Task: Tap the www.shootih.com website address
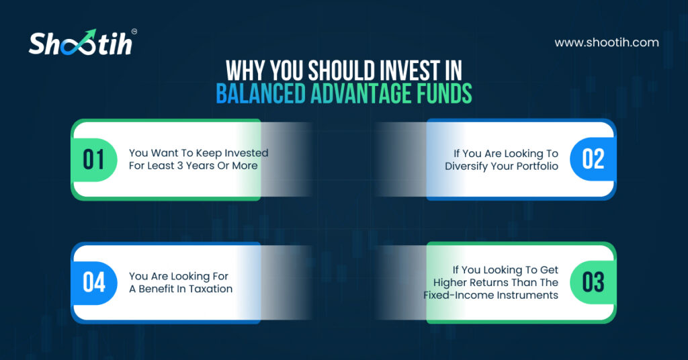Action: click(607, 42)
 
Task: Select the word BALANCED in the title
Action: click(261, 93)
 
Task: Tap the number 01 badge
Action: click(94, 160)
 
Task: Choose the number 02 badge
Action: click(593, 159)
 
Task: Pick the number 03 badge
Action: click(593, 282)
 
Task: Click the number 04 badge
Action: click(94, 282)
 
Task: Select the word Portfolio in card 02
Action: click(537, 166)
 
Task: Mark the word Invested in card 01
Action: click(247, 153)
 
